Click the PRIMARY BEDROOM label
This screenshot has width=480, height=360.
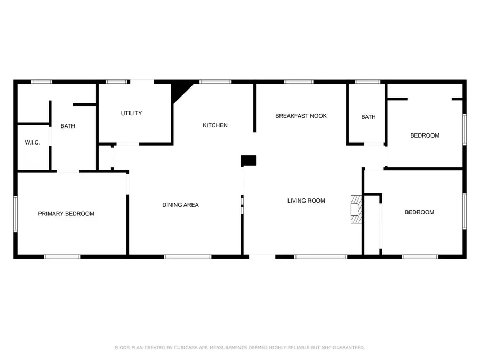pos(66,214)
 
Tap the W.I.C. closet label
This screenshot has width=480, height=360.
pos(32,143)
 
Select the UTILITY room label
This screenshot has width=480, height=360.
pos(131,113)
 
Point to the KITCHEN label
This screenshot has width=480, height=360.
pos(215,126)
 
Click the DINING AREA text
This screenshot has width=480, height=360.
pos(180,205)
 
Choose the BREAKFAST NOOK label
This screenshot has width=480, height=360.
pos(301,116)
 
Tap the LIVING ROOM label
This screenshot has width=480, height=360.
pos(306,201)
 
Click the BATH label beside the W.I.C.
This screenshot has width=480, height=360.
pos(68,126)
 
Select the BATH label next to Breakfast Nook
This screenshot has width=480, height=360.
pos(368,117)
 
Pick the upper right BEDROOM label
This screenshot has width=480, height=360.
pos(425,135)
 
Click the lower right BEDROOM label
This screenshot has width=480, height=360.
pos(419,212)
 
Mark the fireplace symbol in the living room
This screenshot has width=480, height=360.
pos(355,211)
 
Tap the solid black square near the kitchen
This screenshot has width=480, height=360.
pos(249,161)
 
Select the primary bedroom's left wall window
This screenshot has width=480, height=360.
pos(15,213)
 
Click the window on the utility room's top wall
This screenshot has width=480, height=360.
pos(116,82)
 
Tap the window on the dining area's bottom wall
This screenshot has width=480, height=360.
pos(184,257)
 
